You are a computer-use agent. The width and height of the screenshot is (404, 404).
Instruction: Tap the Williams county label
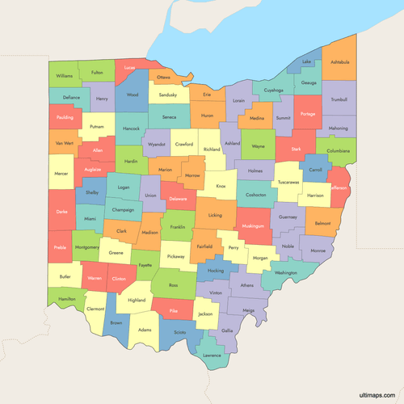65,76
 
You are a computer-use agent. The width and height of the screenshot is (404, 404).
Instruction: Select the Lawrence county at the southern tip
212,354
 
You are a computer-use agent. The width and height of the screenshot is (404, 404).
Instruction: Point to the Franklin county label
178,227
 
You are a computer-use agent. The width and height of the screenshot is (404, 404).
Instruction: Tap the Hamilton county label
67,299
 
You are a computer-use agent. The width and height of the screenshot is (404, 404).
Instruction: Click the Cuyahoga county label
273,90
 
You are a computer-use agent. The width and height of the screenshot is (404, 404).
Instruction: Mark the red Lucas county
129,68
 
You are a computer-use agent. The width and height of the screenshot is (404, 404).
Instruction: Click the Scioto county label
179,332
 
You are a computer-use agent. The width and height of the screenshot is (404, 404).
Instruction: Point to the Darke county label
61,211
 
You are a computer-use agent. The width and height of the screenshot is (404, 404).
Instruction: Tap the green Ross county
173,284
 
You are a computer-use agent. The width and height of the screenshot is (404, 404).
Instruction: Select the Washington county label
285,273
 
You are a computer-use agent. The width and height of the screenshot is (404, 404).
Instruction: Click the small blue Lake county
306,62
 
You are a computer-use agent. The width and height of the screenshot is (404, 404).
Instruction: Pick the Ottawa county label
164,78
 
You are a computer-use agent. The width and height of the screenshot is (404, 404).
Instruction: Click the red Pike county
173,310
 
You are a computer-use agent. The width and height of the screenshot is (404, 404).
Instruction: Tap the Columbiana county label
337,151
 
